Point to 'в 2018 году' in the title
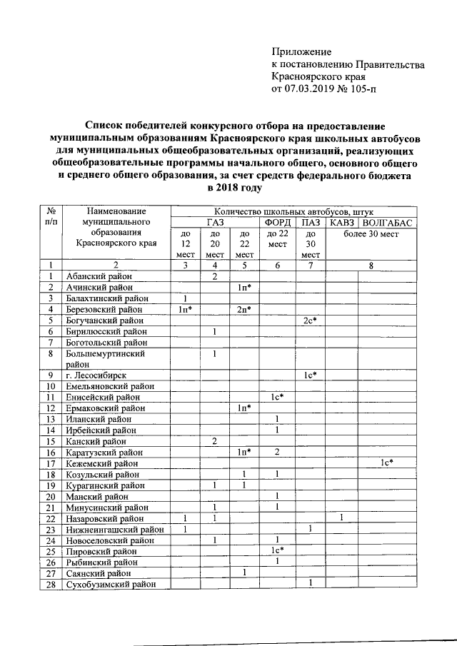click(x=234, y=188)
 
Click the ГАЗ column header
click(x=215, y=222)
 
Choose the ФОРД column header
click(x=277, y=222)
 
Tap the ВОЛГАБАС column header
click(x=390, y=222)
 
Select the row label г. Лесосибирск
click(x=96, y=374)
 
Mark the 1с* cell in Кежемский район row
click(x=386, y=463)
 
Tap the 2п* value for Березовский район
click(x=244, y=310)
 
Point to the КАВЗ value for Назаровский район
click(x=343, y=518)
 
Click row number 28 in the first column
click(x=51, y=585)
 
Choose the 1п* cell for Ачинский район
click(x=244, y=287)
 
